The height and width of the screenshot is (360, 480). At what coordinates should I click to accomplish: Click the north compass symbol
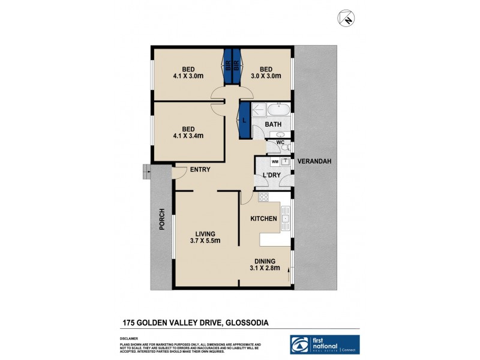coord(346,18)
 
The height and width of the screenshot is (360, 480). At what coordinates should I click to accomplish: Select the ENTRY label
coord(200,170)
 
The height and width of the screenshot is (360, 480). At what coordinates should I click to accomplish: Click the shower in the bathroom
coord(257,110)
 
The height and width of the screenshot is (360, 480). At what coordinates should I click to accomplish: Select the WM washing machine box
coord(275,161)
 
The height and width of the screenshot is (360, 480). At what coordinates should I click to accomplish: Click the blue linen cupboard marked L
coord(245,121)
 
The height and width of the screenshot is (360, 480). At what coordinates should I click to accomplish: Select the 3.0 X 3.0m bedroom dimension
coord(266,76)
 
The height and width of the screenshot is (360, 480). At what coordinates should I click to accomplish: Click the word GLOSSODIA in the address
coord(247,322)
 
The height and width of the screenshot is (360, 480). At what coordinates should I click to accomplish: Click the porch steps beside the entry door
coord(146,172)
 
